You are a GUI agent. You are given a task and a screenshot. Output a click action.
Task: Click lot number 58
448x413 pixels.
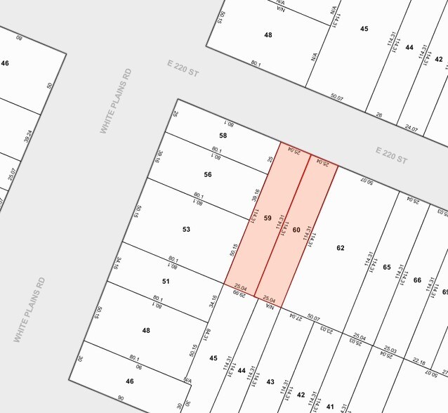click(223, 136)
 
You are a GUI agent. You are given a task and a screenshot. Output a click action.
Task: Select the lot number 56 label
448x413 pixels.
click(208, 174)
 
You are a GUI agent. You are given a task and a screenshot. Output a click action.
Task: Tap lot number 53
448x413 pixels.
click(186, 229)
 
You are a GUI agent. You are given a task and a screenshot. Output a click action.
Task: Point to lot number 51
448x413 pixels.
click(166, 281)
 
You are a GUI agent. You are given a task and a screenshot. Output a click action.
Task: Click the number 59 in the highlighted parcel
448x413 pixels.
click(267, 218)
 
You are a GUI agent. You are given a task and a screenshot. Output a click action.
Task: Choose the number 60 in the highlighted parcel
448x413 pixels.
click(296, 230)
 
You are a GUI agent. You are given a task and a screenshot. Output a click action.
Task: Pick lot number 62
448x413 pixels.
click(341, 247)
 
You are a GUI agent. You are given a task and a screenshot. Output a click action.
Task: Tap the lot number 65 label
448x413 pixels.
click(386, 267)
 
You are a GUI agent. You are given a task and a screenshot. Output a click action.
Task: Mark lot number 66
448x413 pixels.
click(417, 280)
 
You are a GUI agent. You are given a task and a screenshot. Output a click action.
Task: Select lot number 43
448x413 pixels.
click(270, 381)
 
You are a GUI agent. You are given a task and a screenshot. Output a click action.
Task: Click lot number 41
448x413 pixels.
click(330, 406)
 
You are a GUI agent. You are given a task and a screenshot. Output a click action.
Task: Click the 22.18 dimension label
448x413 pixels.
click(419, 362)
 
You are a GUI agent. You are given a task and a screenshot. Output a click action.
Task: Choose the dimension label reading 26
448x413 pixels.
click(378, 114)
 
